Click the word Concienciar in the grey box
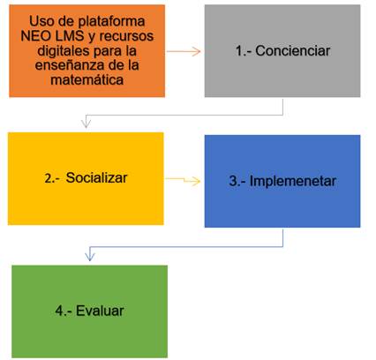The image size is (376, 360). click(x=293, y=51)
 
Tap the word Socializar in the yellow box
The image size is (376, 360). click(x=96, y=177)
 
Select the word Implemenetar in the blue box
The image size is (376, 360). click(x=293, y=181)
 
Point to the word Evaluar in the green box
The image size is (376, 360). click(x=100, y=311)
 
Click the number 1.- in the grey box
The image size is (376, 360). click(x=244, y=51)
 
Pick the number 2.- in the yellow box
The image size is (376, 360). click(x=53, y=178)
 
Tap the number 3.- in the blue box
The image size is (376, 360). click(x=237, y=181)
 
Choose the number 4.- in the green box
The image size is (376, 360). click(x=64, y=311)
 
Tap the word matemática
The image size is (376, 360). click(x=87, y=79)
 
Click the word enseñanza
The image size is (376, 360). click(x=72, y=65)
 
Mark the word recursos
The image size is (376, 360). click(x=126, y=36)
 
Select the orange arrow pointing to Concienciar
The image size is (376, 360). click(x=184, y=51)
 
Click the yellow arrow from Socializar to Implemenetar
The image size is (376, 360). click(x=183, y=180)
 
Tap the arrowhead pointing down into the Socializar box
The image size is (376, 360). click(x=86, y=124)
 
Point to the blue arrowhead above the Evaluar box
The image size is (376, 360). click(x=90, y=256)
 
